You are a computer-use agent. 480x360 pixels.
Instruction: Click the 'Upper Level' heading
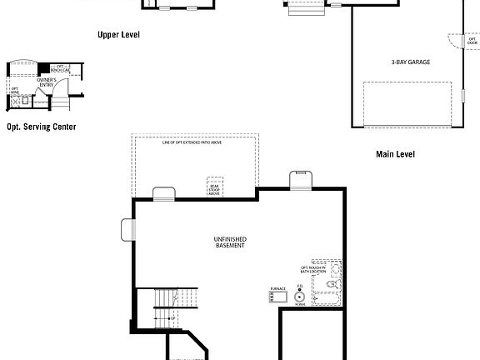(x=118, y=35)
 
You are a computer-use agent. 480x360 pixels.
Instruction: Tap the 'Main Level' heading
(x=395, y=154)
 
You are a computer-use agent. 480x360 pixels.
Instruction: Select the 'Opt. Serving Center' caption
(x=41, y=127)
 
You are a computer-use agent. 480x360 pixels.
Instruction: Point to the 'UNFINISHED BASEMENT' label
(x=230, y=242)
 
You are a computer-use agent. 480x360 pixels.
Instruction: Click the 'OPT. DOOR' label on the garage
(x=472, y=41)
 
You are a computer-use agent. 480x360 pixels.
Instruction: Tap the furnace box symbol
(x=278, y=297)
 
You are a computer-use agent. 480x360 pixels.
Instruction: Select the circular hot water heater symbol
(x=299, y=296)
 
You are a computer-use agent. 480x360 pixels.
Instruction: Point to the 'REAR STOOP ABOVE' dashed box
(x=215, y=187)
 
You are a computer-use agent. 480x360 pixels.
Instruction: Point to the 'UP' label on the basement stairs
(x=172, y=318)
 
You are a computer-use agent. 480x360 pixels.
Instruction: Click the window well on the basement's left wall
(x=127, y=228)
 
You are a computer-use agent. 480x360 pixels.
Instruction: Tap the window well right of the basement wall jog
(x=300, y=179)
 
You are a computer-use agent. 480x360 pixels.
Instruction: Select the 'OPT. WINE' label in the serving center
(x=15, y=91)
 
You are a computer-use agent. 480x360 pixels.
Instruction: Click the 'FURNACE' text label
(x=277, y=288)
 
